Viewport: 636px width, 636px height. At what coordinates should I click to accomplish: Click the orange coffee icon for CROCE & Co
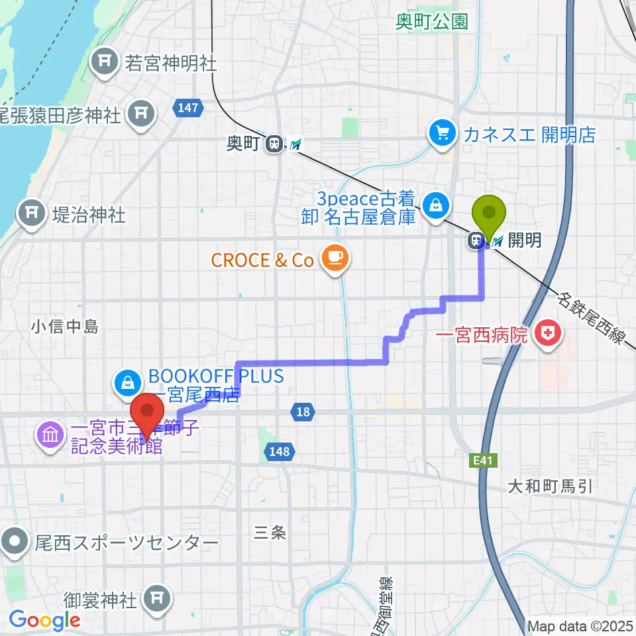coord(331,259)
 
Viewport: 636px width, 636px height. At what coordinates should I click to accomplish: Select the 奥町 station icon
coord(272,143)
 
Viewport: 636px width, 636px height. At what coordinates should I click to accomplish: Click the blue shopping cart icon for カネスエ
coord(440,134)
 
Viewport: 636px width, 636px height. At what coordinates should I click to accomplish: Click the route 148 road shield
coord(278,452)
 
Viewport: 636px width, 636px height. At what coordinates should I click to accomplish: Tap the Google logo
coord(44,620)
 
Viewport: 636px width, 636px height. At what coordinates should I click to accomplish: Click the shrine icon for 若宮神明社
coord(106,63)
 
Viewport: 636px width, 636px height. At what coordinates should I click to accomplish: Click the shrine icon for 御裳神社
coord(157,600)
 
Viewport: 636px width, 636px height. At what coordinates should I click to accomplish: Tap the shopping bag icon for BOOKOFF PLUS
coord(126,382)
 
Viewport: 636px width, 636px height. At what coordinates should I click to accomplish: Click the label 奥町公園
coord(431,21)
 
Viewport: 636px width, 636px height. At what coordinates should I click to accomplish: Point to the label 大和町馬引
coord(549,488)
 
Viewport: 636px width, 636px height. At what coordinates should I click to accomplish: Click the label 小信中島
coord(64,326)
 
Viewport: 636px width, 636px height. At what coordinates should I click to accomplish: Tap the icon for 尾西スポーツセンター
coord(13,543)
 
